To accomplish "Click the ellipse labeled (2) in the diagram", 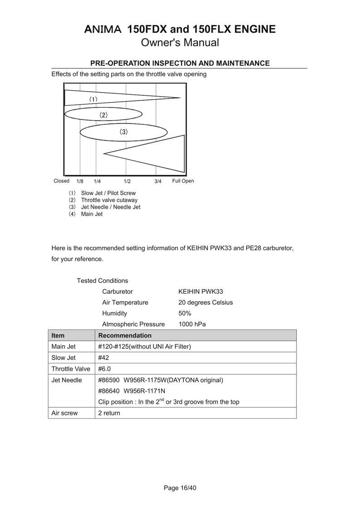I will coord(97,115).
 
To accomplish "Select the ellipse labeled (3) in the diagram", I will coord(123,132).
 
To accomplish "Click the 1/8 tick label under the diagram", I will coord(80,181).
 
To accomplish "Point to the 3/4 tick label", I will coord(158,181).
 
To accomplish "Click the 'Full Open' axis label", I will coord(183,181).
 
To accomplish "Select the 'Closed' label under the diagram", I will coord(61,181).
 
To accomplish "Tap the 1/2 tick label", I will coord(127,181).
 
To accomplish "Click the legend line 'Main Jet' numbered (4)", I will coord(92,214).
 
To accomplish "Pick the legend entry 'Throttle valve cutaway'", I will coord(109,200).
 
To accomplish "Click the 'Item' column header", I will coord(58,336).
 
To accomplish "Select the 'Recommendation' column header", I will coord(125,336).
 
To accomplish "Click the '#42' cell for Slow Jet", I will coord(104,358).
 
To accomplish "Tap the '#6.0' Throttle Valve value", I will coord(105,369).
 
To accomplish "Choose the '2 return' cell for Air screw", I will coord(109,413).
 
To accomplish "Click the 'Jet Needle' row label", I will coord(67,380).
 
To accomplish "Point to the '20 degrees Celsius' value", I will coord(206,303).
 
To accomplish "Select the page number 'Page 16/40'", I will coord(180,488).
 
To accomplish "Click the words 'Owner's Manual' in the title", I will coord(180,43).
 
